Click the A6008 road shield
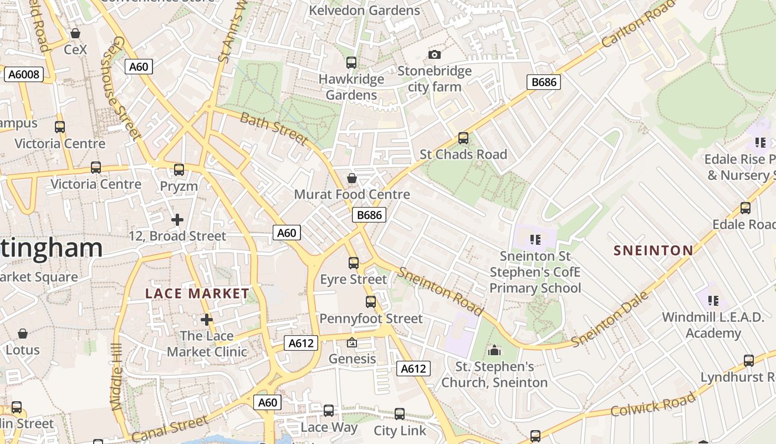click(24, 74)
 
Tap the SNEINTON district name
click(653, 250)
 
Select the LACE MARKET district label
click(197, 294)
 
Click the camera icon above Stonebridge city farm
click(435, 54)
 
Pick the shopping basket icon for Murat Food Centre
click(351, 178)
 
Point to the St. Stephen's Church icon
click(494, 350)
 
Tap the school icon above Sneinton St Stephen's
click(535, 240)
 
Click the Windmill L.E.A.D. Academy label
click(713, 325)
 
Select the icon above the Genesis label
click(351, 343)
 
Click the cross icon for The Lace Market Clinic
click(207, 320)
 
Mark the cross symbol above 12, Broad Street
click(177, 220)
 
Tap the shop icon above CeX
click(75, 34)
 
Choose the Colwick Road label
click(653, 404)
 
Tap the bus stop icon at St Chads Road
click(463, 138)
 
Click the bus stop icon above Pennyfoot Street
click(371, 302)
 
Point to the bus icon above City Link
click(400, 414)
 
